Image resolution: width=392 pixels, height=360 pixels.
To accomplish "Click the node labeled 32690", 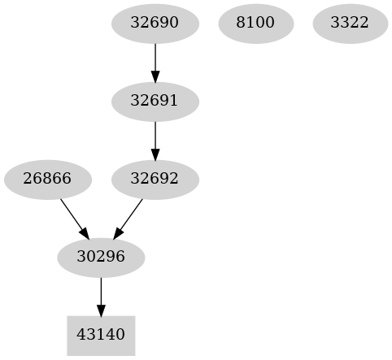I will coord(155,23).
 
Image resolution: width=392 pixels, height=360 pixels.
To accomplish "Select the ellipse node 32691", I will coord(155,102).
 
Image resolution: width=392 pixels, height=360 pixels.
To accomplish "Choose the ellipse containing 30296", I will coord(101,258).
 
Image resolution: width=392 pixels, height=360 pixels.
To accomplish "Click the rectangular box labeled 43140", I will coord(101,335).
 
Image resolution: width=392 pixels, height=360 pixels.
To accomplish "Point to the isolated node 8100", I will coord(255,23).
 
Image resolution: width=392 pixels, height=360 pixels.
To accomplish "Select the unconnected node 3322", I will coord(349,23).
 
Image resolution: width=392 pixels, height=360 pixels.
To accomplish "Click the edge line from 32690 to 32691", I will coord(155,57).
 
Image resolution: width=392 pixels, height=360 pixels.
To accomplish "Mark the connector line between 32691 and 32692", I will coord(155,135).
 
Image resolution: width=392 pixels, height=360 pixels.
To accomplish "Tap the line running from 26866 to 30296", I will coord(71,213).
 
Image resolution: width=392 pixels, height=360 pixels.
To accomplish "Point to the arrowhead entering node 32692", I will coord(155,154).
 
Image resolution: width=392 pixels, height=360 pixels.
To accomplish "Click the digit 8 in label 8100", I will coord(240,23).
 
